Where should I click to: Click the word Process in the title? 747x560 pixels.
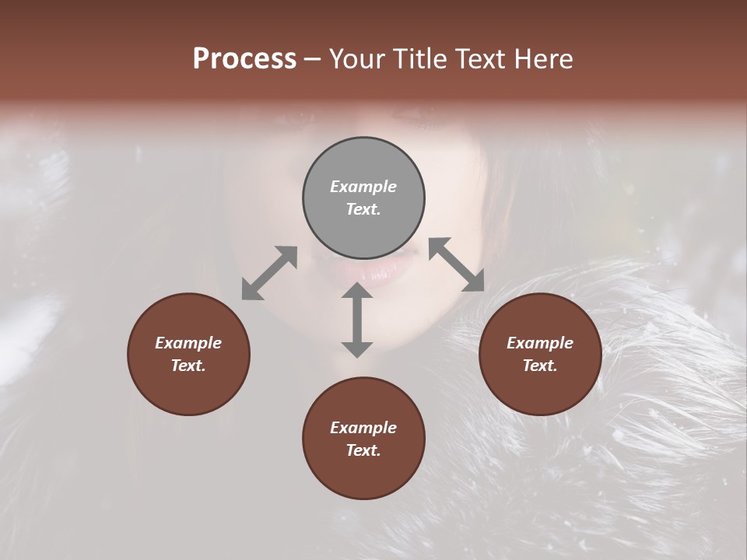[244, 59]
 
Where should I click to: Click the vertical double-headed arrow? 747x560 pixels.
[357, 320]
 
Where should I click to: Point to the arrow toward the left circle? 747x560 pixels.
[269, 273]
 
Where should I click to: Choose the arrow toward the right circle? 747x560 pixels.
[456, 264]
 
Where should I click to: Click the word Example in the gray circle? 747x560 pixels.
[363, 187]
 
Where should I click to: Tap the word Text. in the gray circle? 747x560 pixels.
[363, 209]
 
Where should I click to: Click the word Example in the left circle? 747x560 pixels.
[188, 343]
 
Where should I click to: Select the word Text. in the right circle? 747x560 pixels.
[540, 366]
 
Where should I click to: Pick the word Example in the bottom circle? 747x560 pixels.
[363, 428]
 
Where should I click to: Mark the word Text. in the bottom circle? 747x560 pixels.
[363, 450]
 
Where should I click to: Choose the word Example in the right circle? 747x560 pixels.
[540, 343]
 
